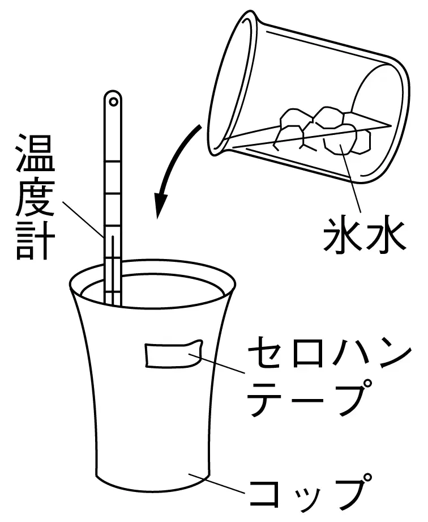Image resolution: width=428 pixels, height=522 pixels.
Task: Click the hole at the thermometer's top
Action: pyautogui.click(x=113, y=101)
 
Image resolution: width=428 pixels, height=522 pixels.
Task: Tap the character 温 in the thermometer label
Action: pyautogui.click(x=36, y=152)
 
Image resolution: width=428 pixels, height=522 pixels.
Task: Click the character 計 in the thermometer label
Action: pyautogui.click(x=36, y=240)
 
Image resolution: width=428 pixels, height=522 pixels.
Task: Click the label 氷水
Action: pyautogui.click(x=364, y=235)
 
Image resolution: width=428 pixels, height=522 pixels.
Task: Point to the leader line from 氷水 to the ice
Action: pyautogui.click(x=351, y=179)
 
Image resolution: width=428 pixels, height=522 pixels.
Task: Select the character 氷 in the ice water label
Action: pyautogui.click(x=343, y=235)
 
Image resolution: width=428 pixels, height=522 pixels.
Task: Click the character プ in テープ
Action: pyautogui.click(x=353, y=398)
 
